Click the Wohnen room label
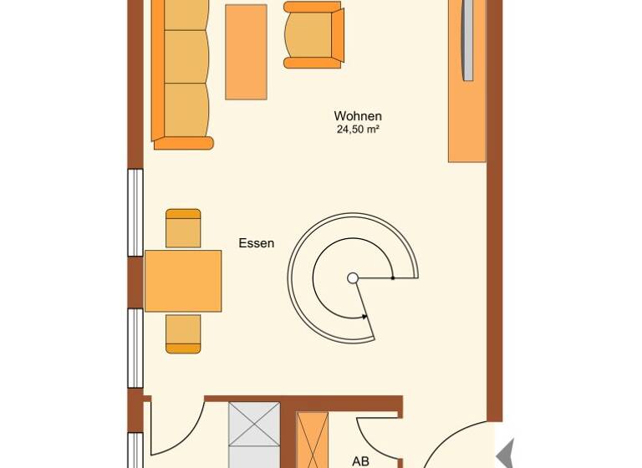click(x=358, y=116)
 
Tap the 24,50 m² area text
click(x=358, y=130)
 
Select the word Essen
click(x=257, y=244)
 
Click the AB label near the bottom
click(x=360, y=460)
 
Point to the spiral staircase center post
click(x=353, y=278)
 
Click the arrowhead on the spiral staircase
click(x=364, y=317)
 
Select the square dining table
click(x=183, y=281)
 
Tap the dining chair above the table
click(x=183, y=228)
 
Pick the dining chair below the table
click(x=183, y=333)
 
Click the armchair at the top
click(x=313, y=34)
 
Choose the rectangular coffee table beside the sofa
click(x=246, y=52)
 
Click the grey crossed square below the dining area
click(x=254, y=435)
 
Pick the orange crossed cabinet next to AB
click(x=313, y=440)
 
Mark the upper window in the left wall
click(x=135, y=212)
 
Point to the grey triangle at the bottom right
click(x=504, y=455)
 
